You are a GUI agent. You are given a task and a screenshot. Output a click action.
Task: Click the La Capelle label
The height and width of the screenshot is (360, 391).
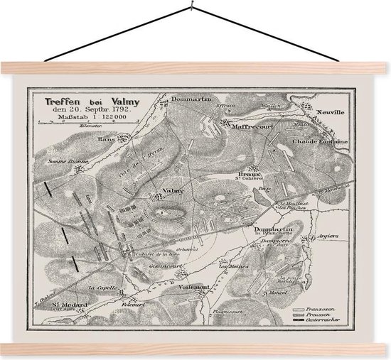pyautogui.click(x=101, y=288)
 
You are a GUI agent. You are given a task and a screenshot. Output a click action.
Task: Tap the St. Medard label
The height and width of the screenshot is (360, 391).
pyautogui.click(x=65, y=305)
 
